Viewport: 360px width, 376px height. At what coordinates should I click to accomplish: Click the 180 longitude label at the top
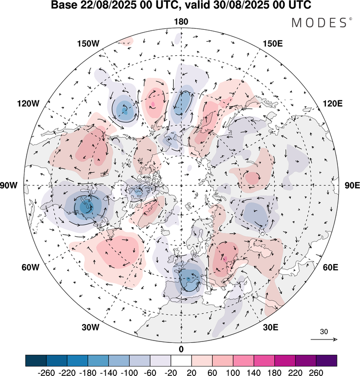181,22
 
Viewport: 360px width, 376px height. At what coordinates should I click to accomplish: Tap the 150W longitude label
87,44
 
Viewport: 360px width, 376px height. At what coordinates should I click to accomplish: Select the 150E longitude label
273,44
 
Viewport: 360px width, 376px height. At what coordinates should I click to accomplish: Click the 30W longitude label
90,327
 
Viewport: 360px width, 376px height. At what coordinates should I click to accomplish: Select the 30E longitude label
271,327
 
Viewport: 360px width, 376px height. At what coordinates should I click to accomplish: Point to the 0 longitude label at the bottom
181,349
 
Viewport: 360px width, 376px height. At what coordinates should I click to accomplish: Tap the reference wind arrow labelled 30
324,339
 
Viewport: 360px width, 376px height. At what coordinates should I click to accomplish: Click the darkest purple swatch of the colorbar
326,360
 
